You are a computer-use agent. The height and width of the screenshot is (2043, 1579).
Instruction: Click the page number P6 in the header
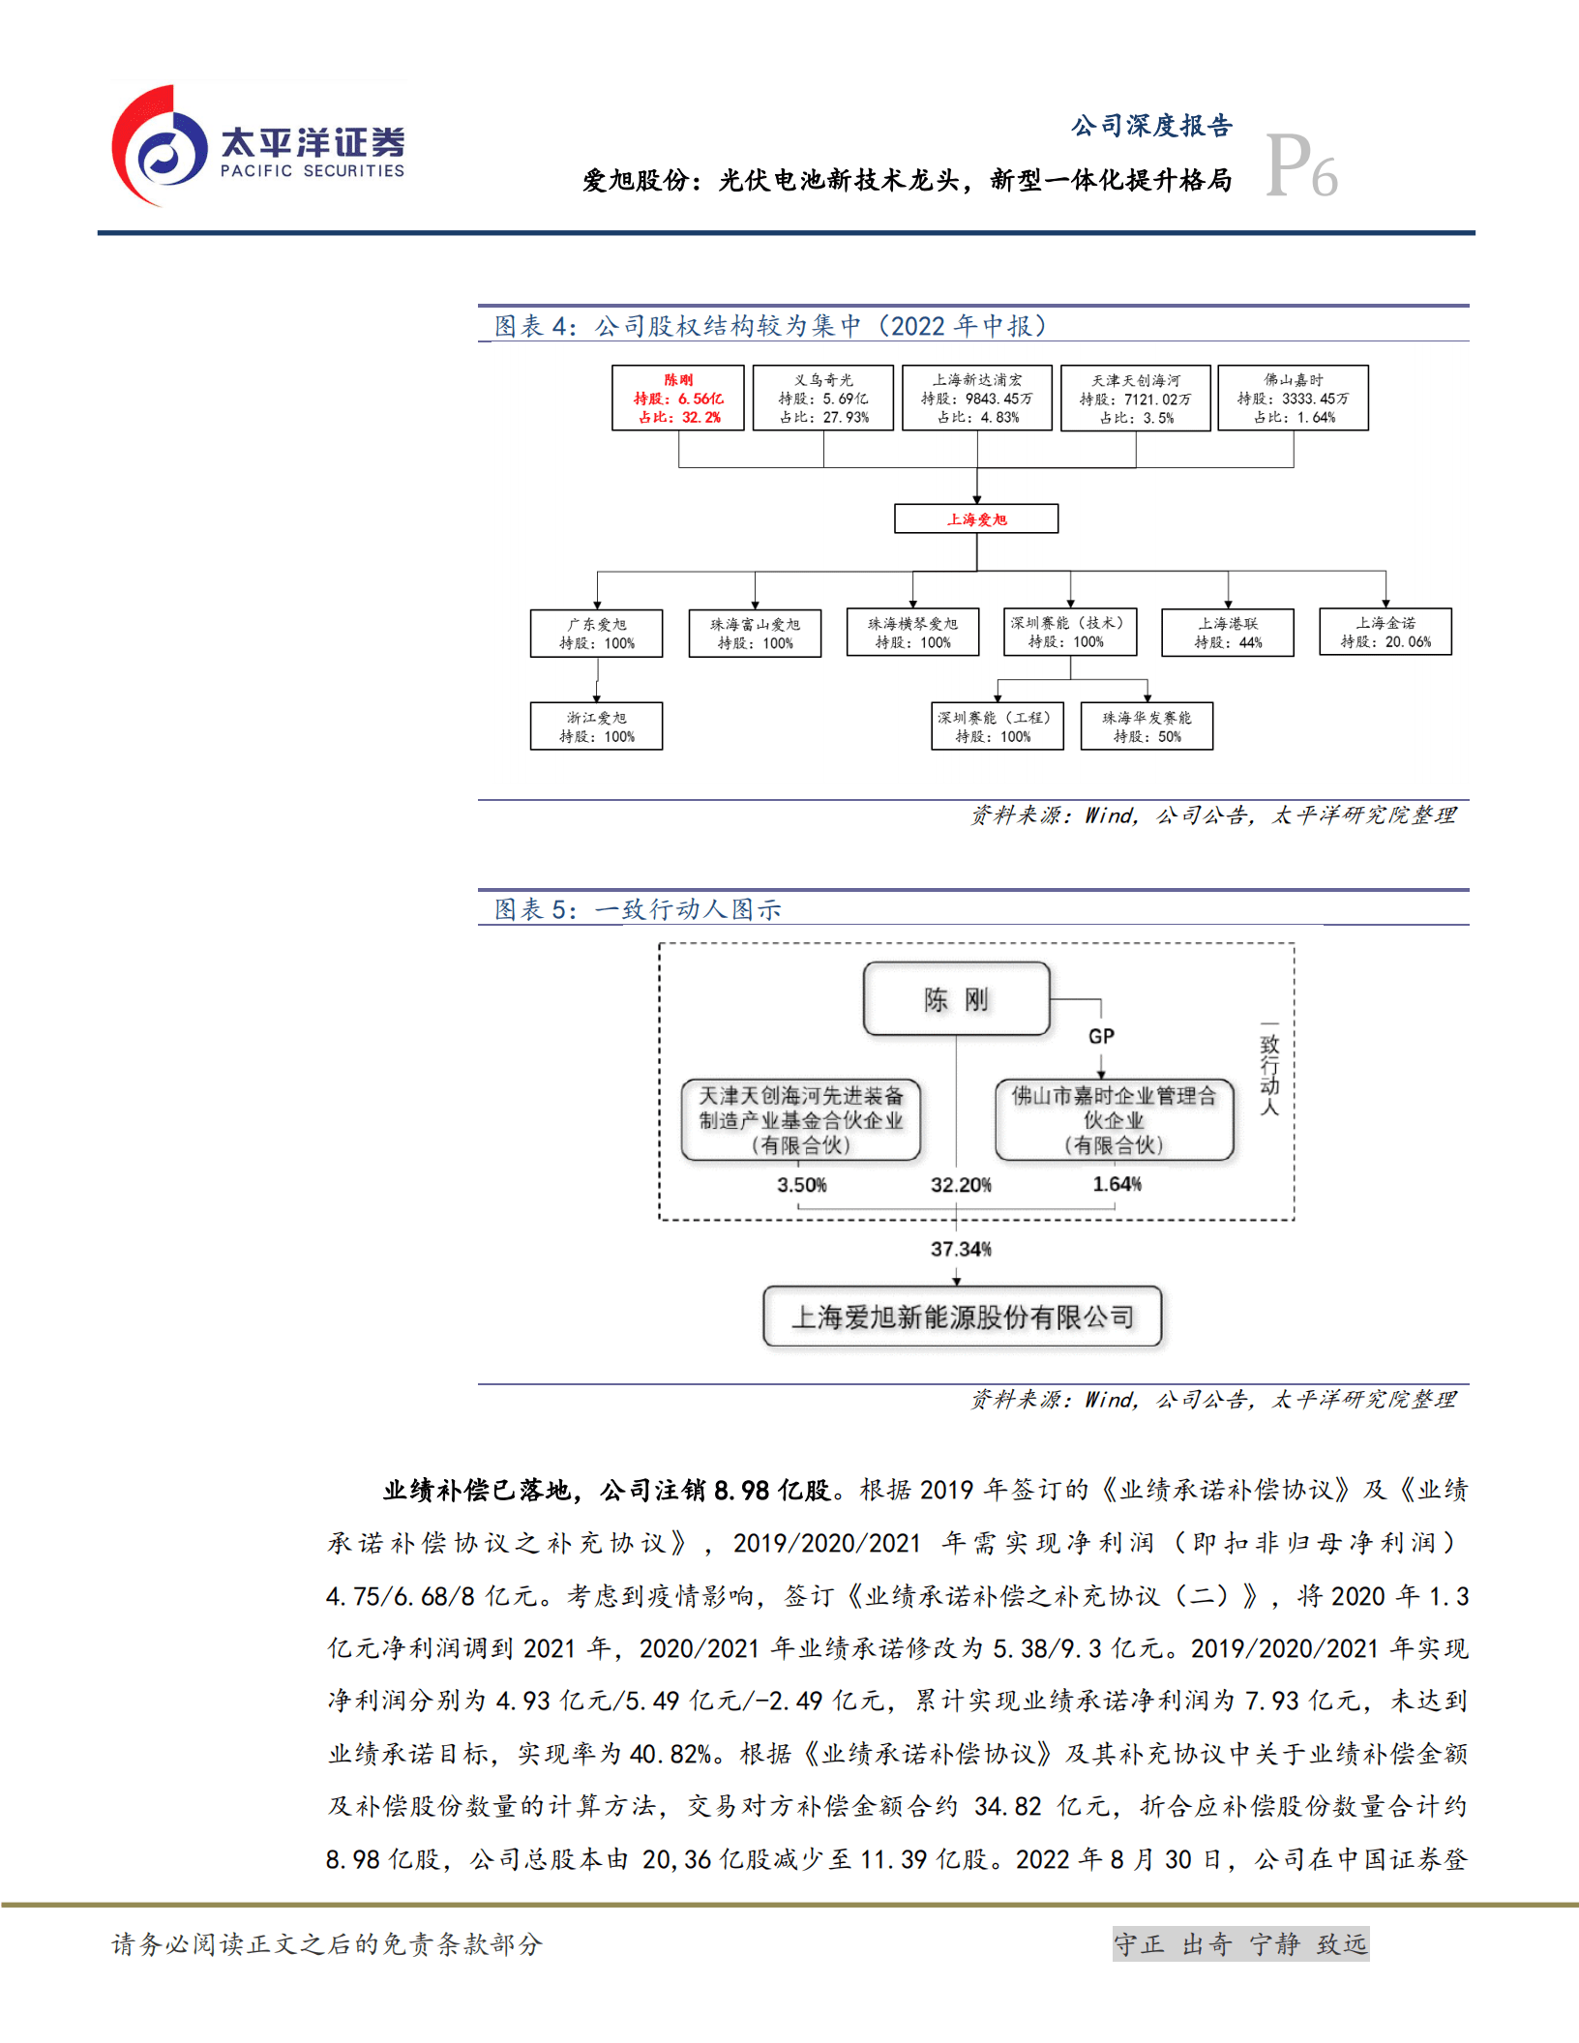[x=1301, y=166]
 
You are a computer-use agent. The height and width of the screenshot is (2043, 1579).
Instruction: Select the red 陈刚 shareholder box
[x=678, y=398]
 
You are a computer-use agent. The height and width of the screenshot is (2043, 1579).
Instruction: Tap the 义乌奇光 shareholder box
[x=823, y=398]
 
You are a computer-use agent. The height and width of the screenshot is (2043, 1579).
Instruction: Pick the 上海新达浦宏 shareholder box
[x=977, y=398]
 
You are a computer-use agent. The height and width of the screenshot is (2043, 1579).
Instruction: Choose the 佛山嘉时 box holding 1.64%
[x=1293, y=398]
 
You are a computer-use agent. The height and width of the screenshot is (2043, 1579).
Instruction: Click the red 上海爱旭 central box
[x=976, y=518]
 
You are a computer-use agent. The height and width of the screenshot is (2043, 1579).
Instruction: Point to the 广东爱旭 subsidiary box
[x=597, y=634]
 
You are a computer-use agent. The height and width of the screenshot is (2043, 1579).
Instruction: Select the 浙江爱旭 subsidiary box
[x=597, y=726]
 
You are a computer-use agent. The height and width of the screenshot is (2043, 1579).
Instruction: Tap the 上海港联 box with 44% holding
[x=1228, y=633]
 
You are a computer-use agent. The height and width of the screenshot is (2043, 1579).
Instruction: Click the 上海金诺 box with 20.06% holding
[x=1385, y=632]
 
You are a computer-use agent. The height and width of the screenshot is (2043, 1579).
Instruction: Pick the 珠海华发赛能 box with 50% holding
[x=1147, y=726]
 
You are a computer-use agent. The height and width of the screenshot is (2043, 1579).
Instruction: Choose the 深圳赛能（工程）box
[x=997, y=726]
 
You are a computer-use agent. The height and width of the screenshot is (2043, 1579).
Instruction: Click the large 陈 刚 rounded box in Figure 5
[x=956, y=998]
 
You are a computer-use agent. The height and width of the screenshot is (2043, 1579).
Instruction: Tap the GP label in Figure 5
[x=1101, y=1036]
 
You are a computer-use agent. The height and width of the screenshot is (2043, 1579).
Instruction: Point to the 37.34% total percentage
[x=961, y=1249]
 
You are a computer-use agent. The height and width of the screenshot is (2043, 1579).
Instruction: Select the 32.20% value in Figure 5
[x=961, y=1185]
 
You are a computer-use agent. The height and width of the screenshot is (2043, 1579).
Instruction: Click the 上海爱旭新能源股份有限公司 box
[x=963, y=1317]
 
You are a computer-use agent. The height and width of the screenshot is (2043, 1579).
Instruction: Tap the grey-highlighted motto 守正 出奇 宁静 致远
[x=1240, y=1943]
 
